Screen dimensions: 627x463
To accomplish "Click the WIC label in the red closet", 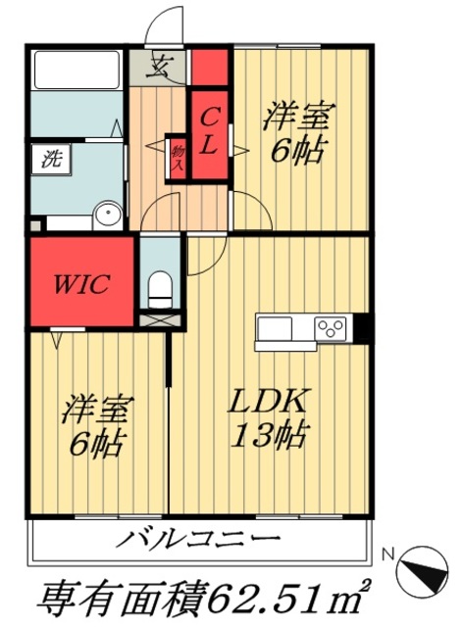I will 80,285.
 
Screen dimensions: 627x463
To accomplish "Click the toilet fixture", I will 158,288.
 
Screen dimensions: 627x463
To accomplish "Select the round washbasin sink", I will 108,216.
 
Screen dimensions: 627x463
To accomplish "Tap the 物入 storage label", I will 178,159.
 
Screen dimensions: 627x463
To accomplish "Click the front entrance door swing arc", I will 166,24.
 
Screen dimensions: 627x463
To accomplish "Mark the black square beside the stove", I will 361,327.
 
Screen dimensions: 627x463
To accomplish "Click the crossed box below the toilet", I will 154,318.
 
